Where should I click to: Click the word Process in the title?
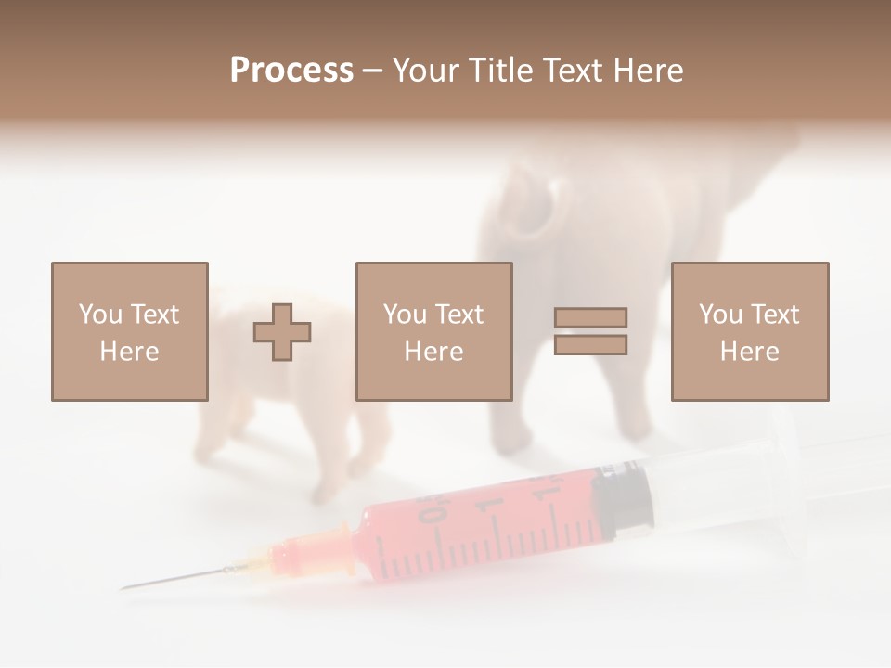[x=291, y=71]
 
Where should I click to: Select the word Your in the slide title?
[x=423, y=71]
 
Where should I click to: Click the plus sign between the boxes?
[x=282, y=332]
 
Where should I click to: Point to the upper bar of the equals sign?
[x=590, y=318]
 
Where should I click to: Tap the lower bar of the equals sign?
[x=590, y=345]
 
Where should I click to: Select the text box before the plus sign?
[x=129, y=331]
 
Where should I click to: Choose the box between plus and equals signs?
[x=433, y=331]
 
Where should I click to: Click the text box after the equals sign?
[x=749, y=331]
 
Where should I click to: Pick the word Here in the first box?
[x=129, y=352]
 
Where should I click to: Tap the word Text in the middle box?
[x=459, y=315]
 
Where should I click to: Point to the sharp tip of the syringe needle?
[x=123, y=588]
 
